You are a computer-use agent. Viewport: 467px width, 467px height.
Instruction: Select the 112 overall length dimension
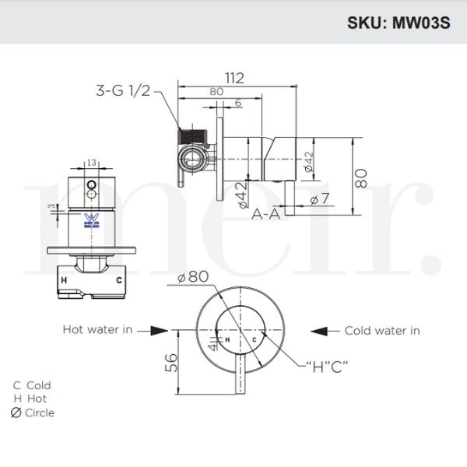pyautogui.click(x=234, y=78)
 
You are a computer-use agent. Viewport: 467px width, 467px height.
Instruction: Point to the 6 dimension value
pyautogui.click(x=237, y=103)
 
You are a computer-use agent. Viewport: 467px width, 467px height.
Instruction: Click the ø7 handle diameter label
pyautogui.click(x=320, y=201)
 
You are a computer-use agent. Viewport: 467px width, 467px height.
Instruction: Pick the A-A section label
pyautogui.click(x=265, y=214)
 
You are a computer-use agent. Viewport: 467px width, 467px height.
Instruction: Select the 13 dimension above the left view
pyautogui.click(x=93, y=163)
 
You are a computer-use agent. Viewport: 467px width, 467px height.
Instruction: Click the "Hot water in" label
pyautogui.click(x=97, y=330)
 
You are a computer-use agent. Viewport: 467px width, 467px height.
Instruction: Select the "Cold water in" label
pyautogui.click(x=382, y=331)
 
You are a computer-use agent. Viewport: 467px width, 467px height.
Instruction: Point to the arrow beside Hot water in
pyautogui.click(x=158, y=331)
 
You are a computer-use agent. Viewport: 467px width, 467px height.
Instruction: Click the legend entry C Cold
pyautogui.click(x=32, y=385)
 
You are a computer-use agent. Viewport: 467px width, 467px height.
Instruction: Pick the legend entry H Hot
pyautogui.click(x=30, y=399)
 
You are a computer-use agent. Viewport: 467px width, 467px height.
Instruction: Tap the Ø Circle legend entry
pyautogui.click(x=33, y=413)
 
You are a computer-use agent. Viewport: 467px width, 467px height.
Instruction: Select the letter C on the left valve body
pyautogui.click(x=119, y=279)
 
